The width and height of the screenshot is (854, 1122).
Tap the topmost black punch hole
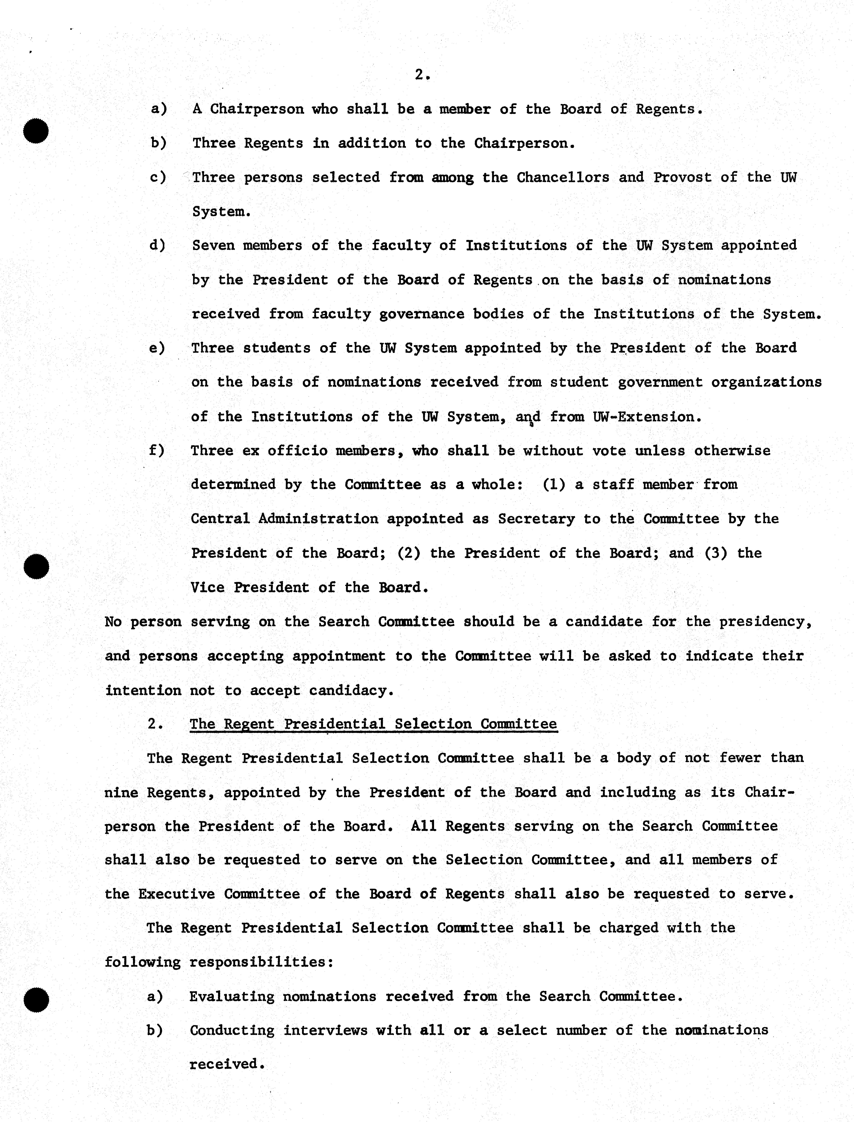point(36,131)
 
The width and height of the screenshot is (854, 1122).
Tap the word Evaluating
point(232,997)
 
